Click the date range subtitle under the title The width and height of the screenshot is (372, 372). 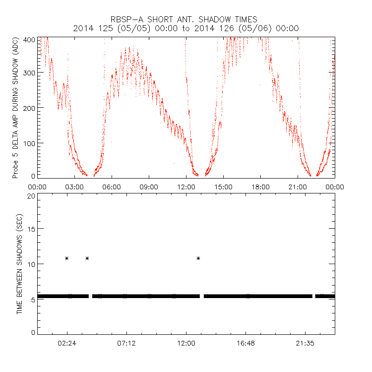[186, 28]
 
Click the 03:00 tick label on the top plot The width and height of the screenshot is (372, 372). [74, 186]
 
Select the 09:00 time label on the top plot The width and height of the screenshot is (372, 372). [149, 186]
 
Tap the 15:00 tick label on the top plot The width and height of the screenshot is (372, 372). [223, 186]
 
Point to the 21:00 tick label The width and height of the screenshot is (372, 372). [298, 186]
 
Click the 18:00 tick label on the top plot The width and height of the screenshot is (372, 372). [260, 186]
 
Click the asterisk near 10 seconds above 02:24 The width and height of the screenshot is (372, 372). [67, 258]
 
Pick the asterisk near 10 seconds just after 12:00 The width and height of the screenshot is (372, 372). [199, 258]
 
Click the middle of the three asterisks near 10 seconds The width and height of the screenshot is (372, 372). [87, 258]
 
